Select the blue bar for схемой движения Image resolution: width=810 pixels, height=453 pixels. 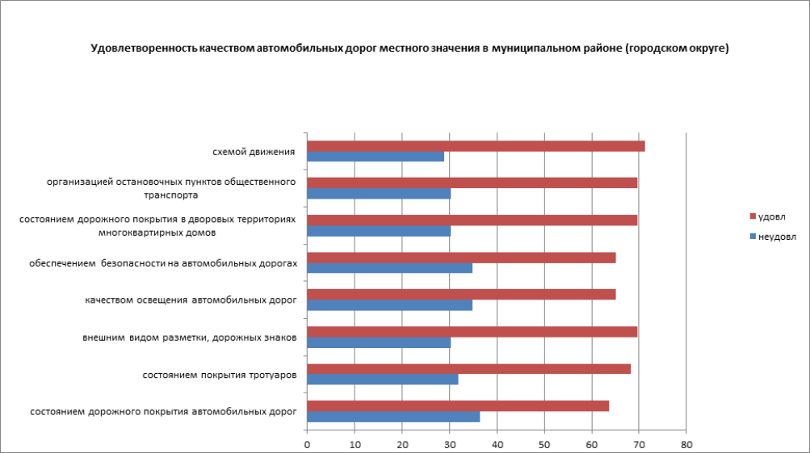pyautogui.click(x=376, y=157)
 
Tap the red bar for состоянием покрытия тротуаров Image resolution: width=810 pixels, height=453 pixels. pyautogui.click(x=468, y=369)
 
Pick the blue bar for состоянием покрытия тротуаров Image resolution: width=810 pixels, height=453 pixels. pyautogui.click(x=383, y=380)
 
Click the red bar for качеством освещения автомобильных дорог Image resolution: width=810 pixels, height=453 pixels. pyautogui.click(x=461, y=295)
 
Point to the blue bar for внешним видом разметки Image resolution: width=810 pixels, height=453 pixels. pyautogui.click(x=379, y=342)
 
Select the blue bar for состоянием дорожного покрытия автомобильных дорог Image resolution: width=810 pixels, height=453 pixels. pyautogui.click(x=393, y=417)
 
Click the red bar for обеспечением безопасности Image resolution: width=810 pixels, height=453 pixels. pyautogui.click(x=461, y=258)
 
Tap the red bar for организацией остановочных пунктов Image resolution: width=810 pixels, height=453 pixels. pyautogui.click(x=472, y=182)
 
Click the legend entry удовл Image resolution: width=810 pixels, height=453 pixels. pyautogui.click(x=771, y=216)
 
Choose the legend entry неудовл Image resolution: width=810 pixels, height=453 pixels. pyautogui.click(x=775, y=237)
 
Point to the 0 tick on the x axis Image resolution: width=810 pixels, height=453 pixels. pyautogui.click(x=307, y=443)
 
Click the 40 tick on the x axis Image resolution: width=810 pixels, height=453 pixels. pyautogui.click(x=497, y=443)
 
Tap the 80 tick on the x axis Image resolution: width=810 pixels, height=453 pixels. pyautogui.click(x=686, y=443)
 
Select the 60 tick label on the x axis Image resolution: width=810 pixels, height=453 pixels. pyautogui.click(x=591, y=443)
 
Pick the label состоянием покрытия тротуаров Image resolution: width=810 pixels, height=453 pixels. pyautogui.click(x=219, y=375)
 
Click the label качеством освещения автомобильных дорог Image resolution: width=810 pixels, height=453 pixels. pyautogui.click(x=191, y=300)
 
